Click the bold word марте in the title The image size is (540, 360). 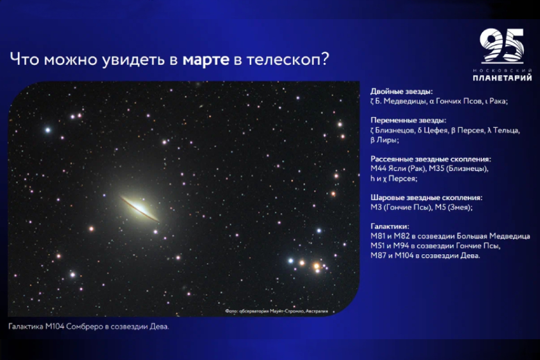(x=206, y=60)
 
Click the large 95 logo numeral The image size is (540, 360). (x=502, y=46)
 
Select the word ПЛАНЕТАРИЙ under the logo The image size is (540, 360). (x=502, y=78)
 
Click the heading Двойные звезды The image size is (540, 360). (x=402, y=91)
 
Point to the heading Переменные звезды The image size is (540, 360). (x=408, y=120)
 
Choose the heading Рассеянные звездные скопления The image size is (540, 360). (x=431, y=159)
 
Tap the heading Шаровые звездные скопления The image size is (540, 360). (x=426, y=198)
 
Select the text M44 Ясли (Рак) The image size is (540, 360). (x=398, y=169)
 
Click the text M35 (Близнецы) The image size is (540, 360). (x=458, y=169)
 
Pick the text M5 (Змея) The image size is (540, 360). (x=453, y=208)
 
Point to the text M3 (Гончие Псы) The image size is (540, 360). (x=401, y=208)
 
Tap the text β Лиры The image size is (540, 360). (x=384, y=140)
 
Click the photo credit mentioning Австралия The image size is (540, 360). (x=277, y=311)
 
